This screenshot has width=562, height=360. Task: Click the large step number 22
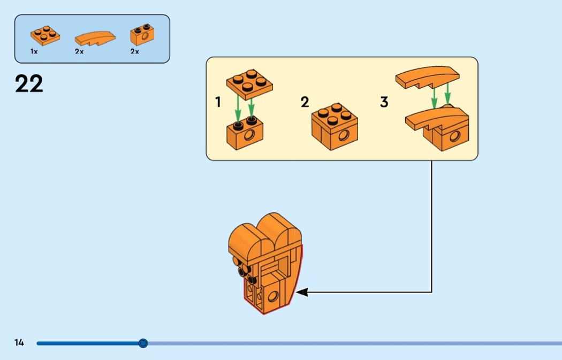point(29,83)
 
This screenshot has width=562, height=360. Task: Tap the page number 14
point(19,342)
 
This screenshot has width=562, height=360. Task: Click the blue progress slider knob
point(143,343)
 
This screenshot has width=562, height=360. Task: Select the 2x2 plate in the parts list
point(45,35)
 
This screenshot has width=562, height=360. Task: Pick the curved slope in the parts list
point(95,38)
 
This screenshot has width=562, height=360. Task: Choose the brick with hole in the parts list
point(142,35)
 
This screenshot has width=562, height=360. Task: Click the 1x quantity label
point(34,51)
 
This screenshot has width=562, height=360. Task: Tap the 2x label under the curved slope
point(79,51)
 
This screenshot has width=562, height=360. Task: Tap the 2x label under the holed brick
point(134,51)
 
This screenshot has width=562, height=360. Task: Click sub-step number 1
point(218,102)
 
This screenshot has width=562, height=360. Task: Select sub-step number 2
point(305,102)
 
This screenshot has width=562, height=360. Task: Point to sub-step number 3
point(384,102)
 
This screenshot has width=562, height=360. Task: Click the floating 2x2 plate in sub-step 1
point(249,85)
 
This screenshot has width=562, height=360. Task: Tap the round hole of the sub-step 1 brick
point(249,135)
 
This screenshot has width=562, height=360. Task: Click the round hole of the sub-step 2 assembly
point(344,135)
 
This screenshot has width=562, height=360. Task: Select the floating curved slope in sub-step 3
point(427,76)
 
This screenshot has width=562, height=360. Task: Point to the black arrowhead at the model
point(302,292)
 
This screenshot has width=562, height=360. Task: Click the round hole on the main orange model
point(273,296)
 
